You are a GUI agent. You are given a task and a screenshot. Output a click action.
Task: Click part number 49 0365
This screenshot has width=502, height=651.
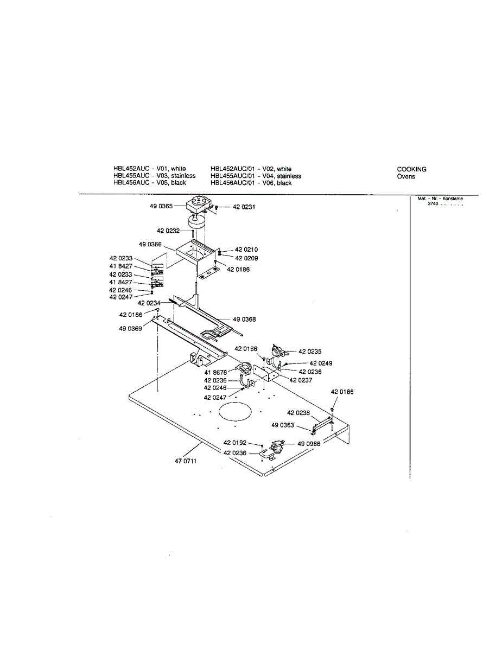pos(162,206)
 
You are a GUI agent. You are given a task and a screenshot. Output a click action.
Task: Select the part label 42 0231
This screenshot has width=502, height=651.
pos(244,207)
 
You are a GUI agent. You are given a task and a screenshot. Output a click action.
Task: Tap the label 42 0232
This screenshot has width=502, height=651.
pos(168,231)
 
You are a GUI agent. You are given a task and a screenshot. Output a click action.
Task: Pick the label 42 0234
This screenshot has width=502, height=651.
pos(149,303)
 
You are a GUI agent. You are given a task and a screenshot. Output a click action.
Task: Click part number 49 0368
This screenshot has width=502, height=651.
pos(244,320)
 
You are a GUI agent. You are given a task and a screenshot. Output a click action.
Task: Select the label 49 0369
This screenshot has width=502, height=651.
pos(131,328)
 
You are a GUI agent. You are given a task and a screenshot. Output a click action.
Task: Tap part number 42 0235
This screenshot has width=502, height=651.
pos(310,352)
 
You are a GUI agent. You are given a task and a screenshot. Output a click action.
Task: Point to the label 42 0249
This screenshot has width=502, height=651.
pos(321,363)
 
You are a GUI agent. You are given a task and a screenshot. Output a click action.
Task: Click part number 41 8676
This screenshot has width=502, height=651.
pos(215,373)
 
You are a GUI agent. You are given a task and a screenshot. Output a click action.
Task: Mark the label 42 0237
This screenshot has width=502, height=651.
pos(301,380)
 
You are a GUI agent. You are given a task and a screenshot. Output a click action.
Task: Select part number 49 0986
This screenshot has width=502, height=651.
pos(309,444)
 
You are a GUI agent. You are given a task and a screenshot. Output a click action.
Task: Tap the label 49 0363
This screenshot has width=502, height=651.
pos(283,425)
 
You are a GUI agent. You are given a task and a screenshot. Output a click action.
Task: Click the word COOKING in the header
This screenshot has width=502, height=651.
pos(411,169)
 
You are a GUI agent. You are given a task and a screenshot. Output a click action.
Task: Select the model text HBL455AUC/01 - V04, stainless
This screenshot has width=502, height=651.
pos(256,176)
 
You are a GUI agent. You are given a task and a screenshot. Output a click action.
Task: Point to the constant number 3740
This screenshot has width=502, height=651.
pos(433,203)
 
